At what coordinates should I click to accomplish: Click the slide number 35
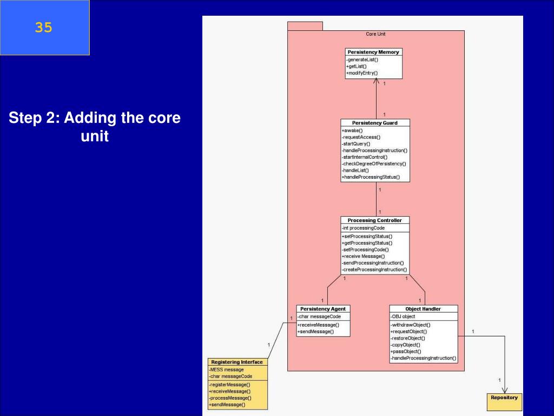click(44, 28)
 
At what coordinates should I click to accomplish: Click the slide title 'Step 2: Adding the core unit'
click(95, 127)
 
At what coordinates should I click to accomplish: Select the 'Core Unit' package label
click(375, 34)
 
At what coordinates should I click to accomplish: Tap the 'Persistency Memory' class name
click(373, 52)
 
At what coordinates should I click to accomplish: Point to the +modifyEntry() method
click(362, 73)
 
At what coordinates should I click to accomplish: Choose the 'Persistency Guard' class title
click(375, 123)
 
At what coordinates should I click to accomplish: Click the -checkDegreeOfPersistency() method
click(374, 164)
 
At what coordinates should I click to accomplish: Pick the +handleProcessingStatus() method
click(371, 177)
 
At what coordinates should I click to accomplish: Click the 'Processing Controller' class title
click(375, 220)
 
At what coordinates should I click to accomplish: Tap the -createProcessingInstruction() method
click(374, 269)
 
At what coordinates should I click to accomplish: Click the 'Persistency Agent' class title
click(323, 309)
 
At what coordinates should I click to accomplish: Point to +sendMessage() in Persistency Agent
click(316, 331)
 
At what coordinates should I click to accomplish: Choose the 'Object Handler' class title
click(423, 309)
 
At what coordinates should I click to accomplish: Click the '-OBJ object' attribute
click(403, 316)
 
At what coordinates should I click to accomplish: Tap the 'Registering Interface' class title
click(237, 362)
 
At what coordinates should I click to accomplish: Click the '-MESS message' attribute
click(227, 369)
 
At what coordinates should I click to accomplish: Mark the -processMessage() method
click(230, 398)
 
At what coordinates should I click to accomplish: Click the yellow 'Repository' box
click(504, 398)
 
